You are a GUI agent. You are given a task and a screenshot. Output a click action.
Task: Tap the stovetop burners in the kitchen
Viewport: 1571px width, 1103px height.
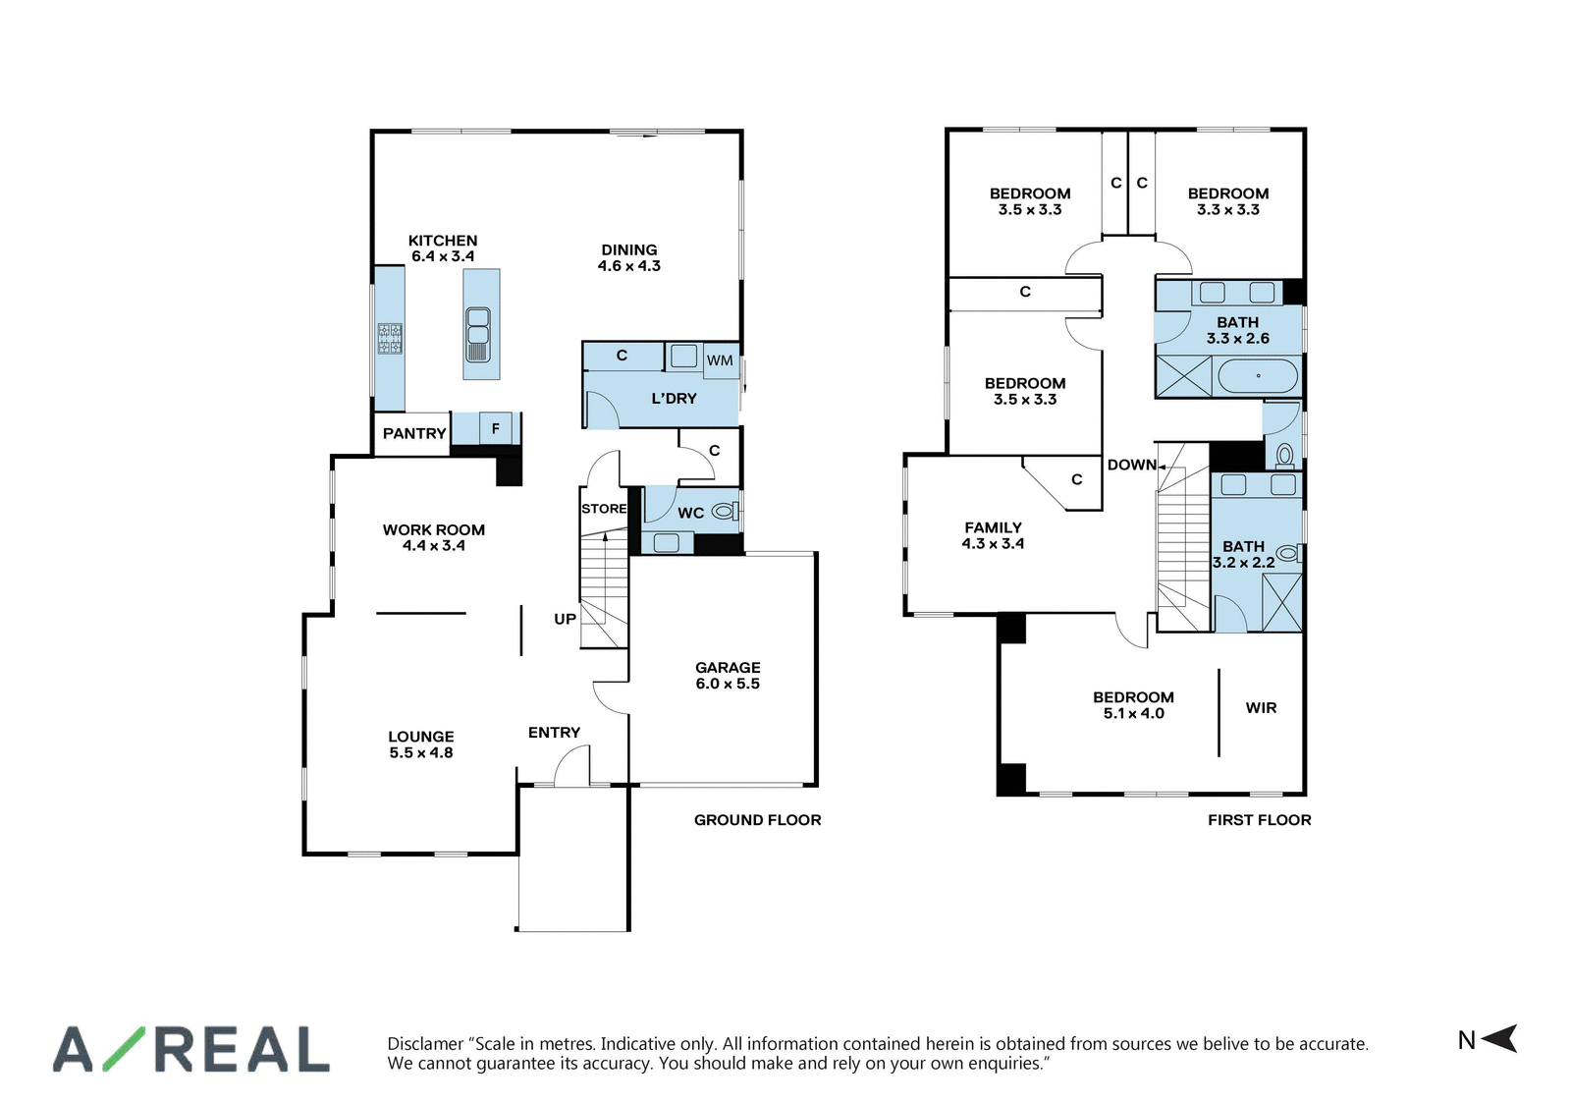390,338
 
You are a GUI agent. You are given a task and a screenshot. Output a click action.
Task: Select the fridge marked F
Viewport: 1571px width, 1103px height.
496,428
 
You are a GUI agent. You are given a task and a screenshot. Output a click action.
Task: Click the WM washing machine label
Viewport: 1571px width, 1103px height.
720,360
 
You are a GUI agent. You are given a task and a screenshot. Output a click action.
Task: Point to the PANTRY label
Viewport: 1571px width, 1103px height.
414,433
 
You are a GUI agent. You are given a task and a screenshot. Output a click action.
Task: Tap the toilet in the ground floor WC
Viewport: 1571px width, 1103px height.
726,512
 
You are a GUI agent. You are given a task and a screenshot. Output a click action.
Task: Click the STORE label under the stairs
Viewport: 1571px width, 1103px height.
604,509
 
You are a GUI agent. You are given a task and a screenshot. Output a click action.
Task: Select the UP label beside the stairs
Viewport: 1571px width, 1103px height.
566,619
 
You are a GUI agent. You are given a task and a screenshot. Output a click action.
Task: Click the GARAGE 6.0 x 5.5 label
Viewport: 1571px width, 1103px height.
728,676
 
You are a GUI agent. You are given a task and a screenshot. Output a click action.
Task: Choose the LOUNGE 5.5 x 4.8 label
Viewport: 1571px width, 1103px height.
421,745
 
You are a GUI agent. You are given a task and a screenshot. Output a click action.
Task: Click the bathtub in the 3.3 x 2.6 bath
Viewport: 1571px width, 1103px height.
1258,376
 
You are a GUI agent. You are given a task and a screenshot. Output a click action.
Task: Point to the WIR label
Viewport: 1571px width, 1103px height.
1261,708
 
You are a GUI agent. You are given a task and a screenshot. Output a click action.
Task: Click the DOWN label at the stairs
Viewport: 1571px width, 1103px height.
1132,465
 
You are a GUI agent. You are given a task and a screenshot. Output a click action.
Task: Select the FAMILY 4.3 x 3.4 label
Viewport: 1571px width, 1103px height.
993,535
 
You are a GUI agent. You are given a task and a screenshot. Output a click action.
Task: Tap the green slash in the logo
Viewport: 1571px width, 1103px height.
125,1049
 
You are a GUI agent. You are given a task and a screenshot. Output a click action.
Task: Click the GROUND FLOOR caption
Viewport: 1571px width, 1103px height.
757,819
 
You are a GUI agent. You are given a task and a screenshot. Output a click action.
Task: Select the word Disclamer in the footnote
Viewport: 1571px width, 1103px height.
426,1044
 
